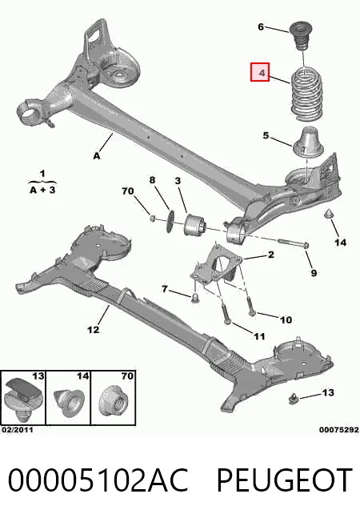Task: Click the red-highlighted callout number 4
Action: pos(260,72)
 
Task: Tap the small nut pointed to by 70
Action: pos(152,218)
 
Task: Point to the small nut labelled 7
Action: pos(194,299)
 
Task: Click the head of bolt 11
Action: pos(228,321)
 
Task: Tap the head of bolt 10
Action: pos(253,312)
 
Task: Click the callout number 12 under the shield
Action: pos(93,330)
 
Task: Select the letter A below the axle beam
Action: pos(97,156)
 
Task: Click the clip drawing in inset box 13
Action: pos(23,398)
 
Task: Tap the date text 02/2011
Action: pos(18,430)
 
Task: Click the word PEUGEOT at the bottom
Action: pos(285,480)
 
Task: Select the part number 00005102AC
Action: pos(98,480)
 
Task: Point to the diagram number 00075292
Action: pos(338,430)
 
